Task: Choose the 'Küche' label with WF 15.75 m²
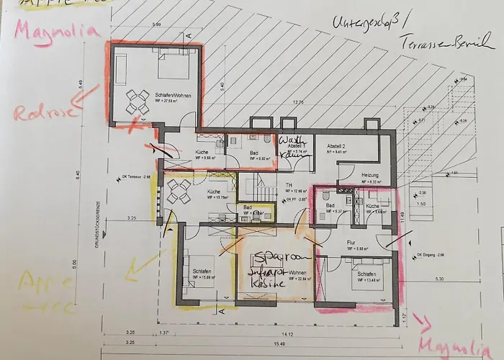coord(214,192)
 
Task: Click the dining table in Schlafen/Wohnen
coord(135,102)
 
